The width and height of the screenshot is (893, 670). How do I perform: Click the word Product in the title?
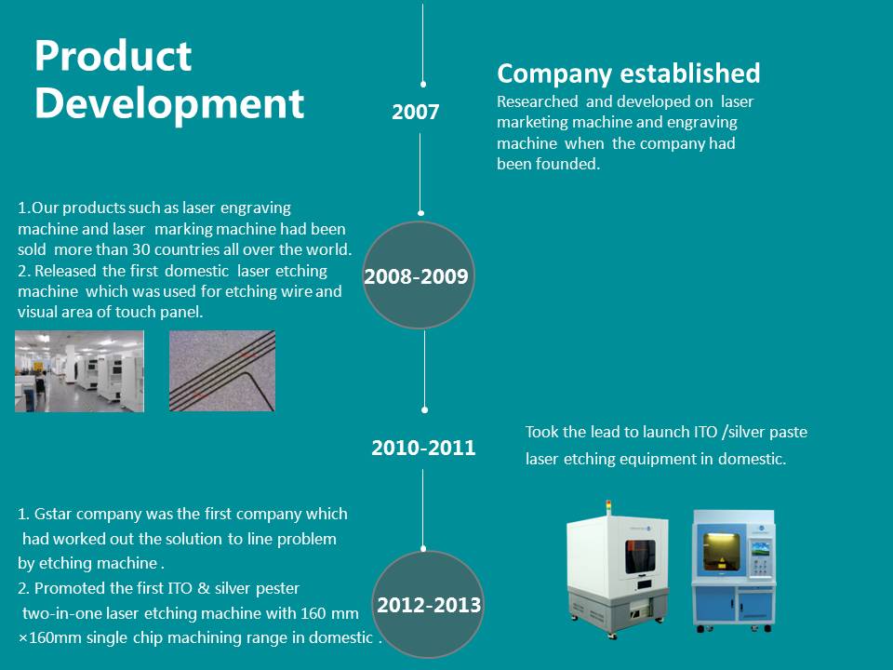[113, 56]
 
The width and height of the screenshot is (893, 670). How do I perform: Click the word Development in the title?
[169, 103]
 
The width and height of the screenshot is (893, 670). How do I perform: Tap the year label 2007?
[415, 112]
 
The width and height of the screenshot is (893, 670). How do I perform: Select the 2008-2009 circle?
[419, 275]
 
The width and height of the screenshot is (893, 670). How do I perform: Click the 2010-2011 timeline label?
[423, 448]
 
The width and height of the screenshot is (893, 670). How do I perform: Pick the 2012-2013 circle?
[428, 604]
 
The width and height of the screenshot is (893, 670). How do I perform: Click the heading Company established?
[628, 74]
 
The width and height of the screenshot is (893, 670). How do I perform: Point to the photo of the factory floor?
[79, 371]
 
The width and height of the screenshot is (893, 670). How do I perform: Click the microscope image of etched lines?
[222, 371]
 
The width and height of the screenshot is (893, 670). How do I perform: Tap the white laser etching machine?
[618, 569]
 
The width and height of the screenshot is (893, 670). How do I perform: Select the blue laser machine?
[734, 570]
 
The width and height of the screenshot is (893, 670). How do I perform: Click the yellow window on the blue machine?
[722, 551]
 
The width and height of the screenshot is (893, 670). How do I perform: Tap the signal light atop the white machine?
[608, 507]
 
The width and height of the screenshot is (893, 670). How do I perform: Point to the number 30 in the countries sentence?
[140, 249]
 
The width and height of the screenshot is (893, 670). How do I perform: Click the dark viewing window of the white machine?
[640, 556]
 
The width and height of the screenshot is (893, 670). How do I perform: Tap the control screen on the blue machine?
[760, 549]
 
